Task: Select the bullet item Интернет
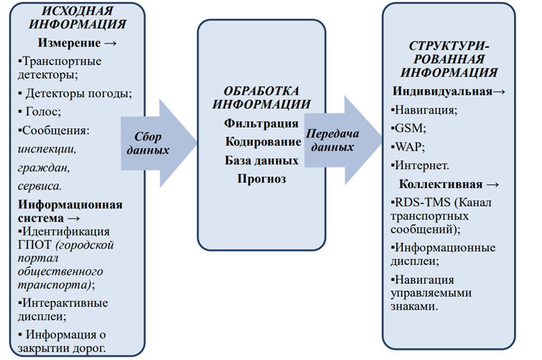[423, 165]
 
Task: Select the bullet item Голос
[44, 111]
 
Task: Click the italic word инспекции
[47, 148]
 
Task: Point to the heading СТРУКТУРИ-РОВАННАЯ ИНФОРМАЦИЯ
[453, 58]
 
